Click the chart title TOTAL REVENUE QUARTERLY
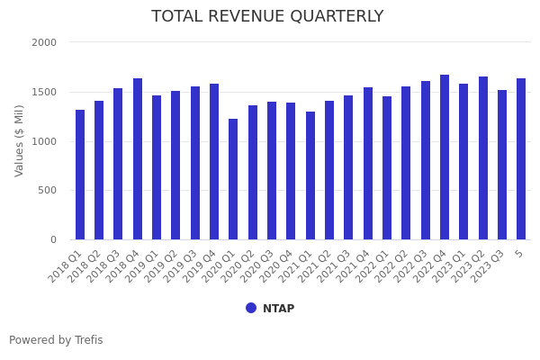[x=267, y=17]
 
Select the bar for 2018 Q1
[x=80, y=175]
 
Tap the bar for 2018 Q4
[x=138, y=159]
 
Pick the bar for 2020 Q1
[x=233, y=179]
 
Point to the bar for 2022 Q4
[x=445, y=157]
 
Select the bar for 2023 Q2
[x=483, y=158]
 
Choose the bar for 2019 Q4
[x=214, y=162]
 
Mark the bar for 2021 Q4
[x=368, y=164]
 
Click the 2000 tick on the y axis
[x=44, y=42]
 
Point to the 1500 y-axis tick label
[x=44, y=92]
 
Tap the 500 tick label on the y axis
[x=47, y=191]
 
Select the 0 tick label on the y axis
[x=53, y=240]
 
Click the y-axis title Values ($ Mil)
[x=20, y=140]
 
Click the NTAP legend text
[x=278, y=309]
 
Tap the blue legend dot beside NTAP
[x=251, y=308]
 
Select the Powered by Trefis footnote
[x=56, y=341]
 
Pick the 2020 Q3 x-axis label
[x=258, y=264]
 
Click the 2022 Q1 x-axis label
[x=373, y=264]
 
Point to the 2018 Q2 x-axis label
[x=85, y=264]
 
